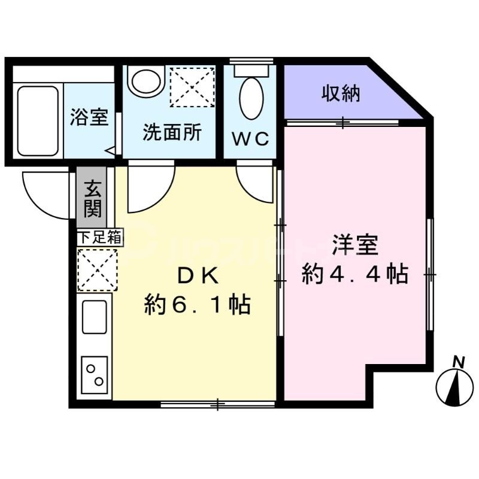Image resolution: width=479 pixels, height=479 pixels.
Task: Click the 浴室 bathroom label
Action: tap(89, 117)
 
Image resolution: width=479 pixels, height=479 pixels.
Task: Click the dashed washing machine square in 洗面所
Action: tap(192, 86)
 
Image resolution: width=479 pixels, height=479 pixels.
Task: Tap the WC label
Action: tap(250, 138)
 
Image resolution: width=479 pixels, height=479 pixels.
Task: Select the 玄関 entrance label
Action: tap(92, 198)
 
